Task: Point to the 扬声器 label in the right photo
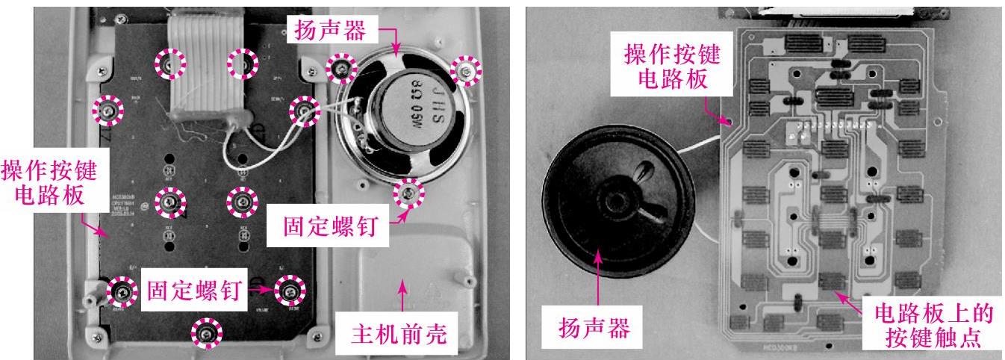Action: (594, 327)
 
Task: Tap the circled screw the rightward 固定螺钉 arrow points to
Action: (290, 289)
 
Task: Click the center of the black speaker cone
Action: (617, 202)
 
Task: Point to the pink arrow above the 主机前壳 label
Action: (403, 294)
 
